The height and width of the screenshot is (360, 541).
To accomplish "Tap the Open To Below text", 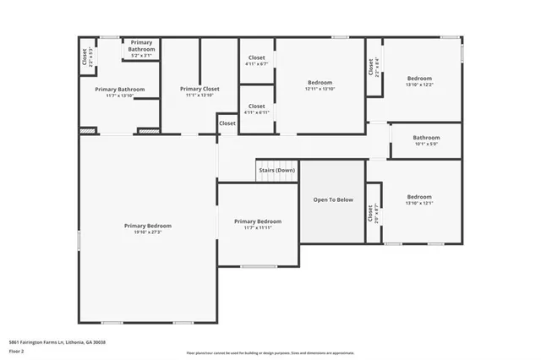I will point(333,200).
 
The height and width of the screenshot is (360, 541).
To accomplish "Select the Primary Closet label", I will point(199,89).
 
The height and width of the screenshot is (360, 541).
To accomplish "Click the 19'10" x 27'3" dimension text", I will point(147,232).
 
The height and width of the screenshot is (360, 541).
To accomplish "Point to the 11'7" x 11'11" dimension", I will point(257,227).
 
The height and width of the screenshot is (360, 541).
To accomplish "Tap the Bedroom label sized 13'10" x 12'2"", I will point(419,79).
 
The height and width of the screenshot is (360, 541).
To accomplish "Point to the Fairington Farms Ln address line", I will point(57,342).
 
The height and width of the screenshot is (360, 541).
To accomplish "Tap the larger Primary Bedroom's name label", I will point(147,226).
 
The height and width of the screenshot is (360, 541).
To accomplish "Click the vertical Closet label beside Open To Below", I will point(371,214).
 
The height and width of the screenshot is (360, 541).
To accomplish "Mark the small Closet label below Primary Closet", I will point(227,123).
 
